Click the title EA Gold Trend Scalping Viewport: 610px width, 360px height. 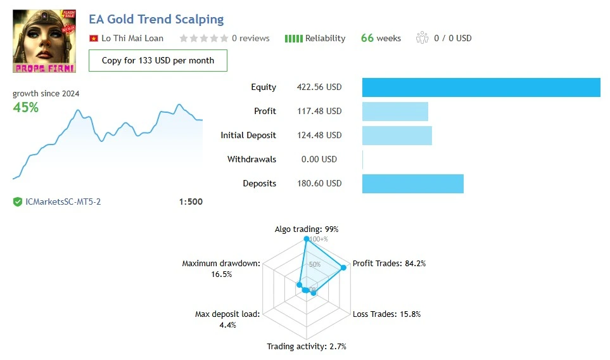point(156,20)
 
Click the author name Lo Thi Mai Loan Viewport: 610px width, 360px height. point(132,38)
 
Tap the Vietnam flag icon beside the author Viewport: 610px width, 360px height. point(94,38)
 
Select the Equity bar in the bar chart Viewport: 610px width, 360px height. point(481,87)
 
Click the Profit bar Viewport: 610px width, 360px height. point(395,112)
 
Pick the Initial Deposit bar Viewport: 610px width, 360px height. point(397,136)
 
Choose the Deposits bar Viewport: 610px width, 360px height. point(412,184)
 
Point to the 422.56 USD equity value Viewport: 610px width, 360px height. point(319,87)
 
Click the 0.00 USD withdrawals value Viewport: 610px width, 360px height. point(319,160)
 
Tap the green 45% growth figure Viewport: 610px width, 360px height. point(26,108)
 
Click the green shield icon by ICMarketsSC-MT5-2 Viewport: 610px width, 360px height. point(18,202)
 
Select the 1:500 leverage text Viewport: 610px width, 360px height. point(191,202)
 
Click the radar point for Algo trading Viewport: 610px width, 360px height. point(307,239)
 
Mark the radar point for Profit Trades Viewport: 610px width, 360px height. point(344,267)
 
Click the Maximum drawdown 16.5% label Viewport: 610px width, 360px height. point(221,269)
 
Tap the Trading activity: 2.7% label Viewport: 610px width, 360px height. point(307,347)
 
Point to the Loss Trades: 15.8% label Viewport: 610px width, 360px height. point(386,314)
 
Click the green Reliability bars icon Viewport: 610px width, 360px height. point(293,38)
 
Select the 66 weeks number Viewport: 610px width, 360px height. point(367,38)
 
